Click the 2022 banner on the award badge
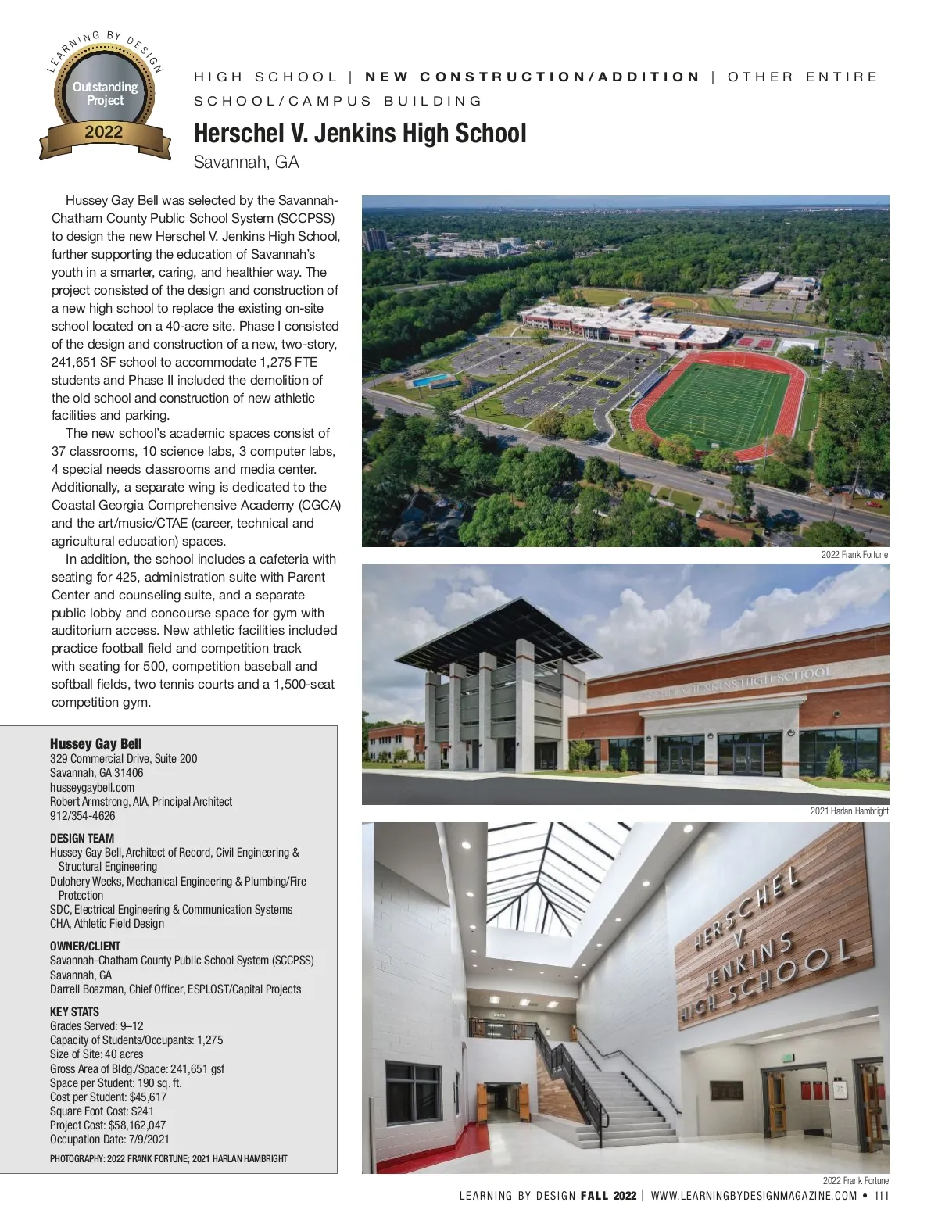(104, 132)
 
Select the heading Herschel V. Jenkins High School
(360, 133)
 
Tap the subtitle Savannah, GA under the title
(246, 163)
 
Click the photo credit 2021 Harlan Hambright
(849, 811)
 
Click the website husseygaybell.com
(92, 788)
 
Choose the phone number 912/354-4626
(82, 816)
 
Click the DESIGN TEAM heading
(82, 839)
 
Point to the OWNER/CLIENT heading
(85, 946)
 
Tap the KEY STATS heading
(74, 1011)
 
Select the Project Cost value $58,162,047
(137, 1125)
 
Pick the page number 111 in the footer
(881, 1196)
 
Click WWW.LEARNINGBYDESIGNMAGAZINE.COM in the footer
(754, 1196)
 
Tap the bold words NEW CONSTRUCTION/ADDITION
(532, 77)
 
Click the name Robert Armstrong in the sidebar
(89, 802)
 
